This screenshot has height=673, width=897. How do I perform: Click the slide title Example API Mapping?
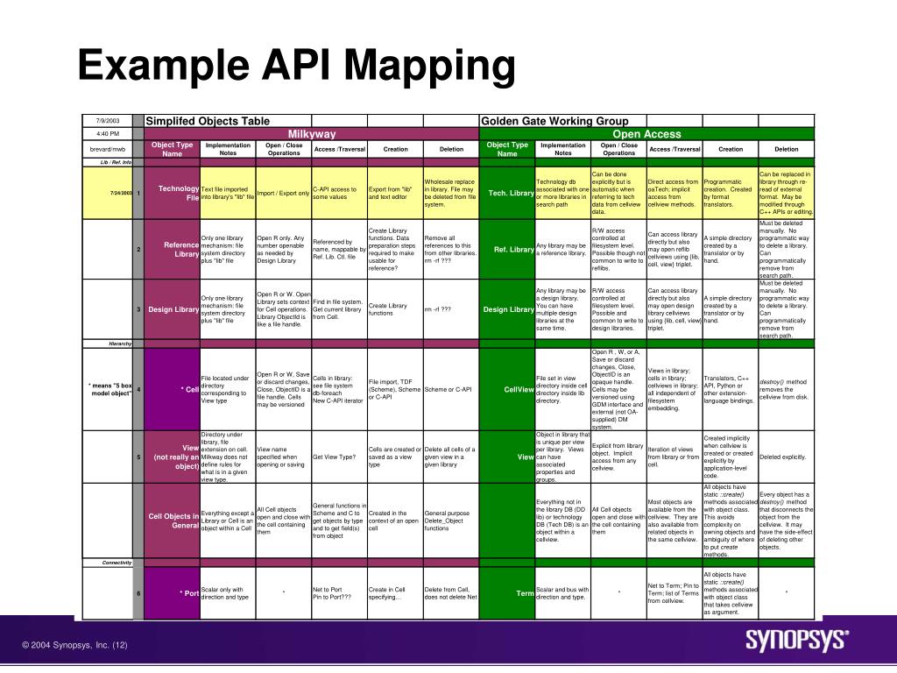coord(295,67)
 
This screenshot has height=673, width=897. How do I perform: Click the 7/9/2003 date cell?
coord(107,120)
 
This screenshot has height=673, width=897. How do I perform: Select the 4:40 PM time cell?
coord(107,133)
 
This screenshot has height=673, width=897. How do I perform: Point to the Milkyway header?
coord(312,134)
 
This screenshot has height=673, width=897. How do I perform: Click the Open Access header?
coord(646,134)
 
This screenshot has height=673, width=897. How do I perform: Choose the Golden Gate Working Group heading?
coord(554,121)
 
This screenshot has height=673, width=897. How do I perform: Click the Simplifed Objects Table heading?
coord(208,121)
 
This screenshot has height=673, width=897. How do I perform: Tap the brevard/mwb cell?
coord(107,149)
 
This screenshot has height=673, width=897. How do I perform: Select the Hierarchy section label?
coord(120,344)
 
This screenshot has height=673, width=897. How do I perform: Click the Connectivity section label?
coord(117,563)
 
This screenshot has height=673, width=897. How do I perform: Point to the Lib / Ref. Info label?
coord(116,162)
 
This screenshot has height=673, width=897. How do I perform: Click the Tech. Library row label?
coord(511,193)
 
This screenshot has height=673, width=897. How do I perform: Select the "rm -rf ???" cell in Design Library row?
coord(438,309)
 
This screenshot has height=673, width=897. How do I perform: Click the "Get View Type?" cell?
coord(334,457)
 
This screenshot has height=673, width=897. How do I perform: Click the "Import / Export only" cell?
coord(283,193)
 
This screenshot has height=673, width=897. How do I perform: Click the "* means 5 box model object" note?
coord(109,389)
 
